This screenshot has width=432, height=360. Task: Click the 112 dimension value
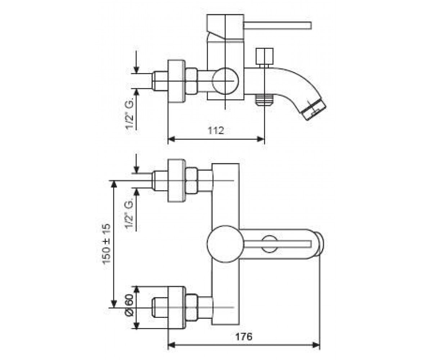216,130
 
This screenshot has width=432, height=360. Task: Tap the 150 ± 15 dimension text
107,244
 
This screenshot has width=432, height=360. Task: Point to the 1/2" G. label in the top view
130,114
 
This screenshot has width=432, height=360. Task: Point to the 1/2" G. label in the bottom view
130,215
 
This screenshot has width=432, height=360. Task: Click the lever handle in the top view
278,26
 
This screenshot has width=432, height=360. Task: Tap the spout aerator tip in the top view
314,111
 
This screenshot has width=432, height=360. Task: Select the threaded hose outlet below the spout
264,100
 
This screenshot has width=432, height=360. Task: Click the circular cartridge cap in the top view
225,81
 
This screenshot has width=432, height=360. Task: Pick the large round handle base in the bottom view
225,244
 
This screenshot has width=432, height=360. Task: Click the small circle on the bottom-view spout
269,244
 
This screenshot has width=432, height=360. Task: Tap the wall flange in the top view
176,81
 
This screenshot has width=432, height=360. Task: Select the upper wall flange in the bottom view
176,181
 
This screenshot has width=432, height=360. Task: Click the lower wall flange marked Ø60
176,308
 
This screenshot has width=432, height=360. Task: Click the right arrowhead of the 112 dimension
261,139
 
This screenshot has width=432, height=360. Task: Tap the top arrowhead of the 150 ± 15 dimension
114,184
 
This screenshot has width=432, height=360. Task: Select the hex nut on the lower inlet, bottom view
192,307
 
